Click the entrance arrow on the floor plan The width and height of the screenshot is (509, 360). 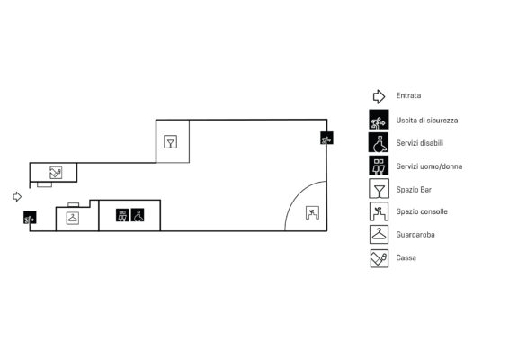coord(17,196)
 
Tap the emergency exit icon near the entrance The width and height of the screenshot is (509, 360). coord(30,218)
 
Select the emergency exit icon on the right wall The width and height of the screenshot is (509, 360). coord(326,138)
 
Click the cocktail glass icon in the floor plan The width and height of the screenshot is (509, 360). coord(171,141)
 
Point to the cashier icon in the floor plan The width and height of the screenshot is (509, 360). coord(56,173)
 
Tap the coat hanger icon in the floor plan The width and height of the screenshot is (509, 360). coord(72,218)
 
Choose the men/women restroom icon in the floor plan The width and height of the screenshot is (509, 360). coord(122,215)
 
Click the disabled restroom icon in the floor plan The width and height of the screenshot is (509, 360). coord(138,215)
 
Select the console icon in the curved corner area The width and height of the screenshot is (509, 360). coord(312,212)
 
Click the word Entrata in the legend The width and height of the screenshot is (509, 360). coord(408,95)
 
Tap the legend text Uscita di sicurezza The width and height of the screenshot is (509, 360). coord(427,121)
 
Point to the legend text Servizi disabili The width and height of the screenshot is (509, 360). coord(419,143)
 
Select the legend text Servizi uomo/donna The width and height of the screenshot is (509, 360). coord(429,166)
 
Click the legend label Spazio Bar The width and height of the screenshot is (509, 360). coord(414,189)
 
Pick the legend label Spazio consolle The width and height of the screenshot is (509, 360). coord(422,211)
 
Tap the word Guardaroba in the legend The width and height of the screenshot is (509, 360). coord(415,235)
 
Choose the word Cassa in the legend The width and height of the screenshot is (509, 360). coord(406,257)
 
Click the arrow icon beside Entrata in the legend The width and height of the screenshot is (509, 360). coord(379,96)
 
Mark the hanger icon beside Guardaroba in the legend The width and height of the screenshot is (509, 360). coord(379,234)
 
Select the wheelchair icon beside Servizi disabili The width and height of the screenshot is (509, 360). coord(379,142)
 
